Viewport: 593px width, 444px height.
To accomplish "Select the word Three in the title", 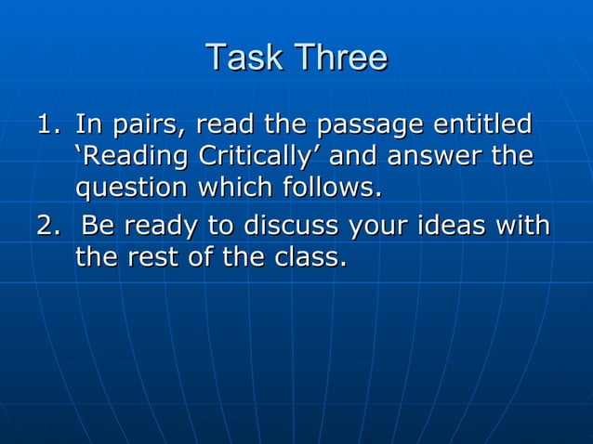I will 338,58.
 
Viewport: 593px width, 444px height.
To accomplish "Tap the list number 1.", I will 47,124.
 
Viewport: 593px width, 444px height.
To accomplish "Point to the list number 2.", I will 47,226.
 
